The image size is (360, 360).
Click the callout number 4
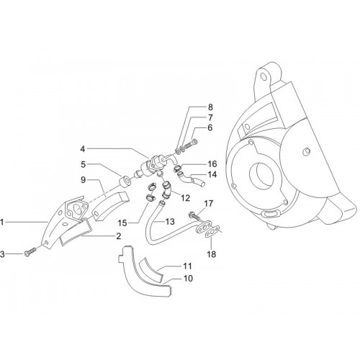tap(83, 149)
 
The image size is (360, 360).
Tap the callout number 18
tap(212, 254)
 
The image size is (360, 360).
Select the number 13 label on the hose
tap(170, 222)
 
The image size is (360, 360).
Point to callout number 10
tap(188, 279)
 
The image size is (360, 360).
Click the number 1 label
tap(2, 222)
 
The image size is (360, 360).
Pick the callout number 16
tap(212, 164)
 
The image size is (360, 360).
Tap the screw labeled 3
tap(30, 251)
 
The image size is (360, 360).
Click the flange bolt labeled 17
tap(194, 215)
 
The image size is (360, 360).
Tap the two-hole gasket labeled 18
tap(212, 233)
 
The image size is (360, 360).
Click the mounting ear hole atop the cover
tap(264, 76)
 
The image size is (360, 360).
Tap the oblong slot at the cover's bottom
tap(271, 213)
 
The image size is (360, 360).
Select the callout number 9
tap(83, 180)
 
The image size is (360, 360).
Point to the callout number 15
tap(122, 223)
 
